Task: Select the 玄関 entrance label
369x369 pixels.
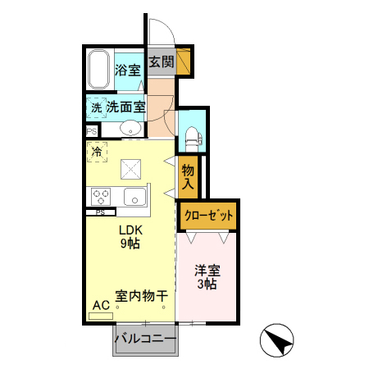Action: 161,62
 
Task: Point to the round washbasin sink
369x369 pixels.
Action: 130,129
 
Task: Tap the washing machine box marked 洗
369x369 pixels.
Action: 96,107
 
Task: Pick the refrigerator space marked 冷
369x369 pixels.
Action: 98,152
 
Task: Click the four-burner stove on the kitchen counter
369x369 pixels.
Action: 101,197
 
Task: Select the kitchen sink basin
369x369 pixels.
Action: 134,197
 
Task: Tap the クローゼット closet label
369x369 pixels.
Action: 208,215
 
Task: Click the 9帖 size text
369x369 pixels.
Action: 130,244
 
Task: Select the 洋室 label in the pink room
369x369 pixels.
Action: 206,270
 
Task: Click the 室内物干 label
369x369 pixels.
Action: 141,294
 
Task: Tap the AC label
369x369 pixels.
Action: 101,305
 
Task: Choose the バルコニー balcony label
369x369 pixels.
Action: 144,338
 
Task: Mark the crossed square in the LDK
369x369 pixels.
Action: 131,168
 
